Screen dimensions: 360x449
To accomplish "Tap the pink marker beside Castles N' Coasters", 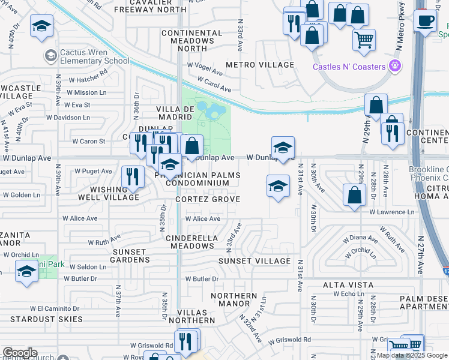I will coord(395,65).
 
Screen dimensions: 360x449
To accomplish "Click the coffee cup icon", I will coord(426,20).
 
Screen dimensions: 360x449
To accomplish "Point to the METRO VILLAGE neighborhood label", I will coord(260,65).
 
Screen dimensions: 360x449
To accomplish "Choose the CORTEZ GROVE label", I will coord(208,199).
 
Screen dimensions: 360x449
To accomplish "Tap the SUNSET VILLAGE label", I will coord(255,261).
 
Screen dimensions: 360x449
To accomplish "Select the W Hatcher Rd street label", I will coord(88,78).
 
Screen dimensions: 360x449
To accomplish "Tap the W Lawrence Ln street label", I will coord(391,212).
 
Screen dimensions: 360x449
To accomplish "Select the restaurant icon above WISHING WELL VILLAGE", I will coord(133,176).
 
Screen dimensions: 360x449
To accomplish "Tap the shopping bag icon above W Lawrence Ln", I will coord(355,195).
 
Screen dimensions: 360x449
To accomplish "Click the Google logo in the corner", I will coord(20,353).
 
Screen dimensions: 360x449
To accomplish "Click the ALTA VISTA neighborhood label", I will coord(348,284).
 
